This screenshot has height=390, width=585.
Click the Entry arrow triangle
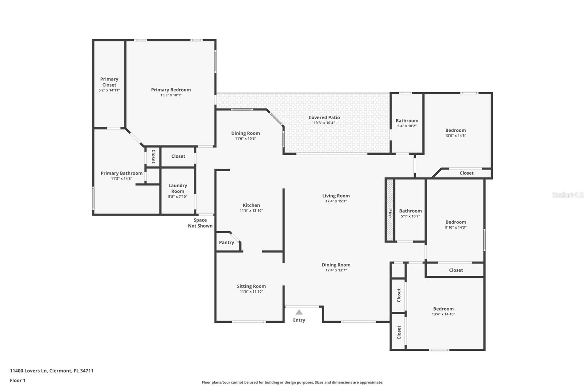[299, 312]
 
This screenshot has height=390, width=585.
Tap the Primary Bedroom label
[171, 90]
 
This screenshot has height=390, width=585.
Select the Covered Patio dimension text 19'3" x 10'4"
[324, 123]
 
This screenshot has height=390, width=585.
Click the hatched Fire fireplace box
[390, 210]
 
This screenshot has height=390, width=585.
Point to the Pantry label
[226, 243]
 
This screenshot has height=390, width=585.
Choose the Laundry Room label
[178, 188]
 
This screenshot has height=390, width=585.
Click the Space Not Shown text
[200, 223]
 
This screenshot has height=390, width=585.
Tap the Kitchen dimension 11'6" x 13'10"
[251, 211]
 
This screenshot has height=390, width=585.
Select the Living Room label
[336, 196]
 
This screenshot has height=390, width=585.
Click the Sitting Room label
[251, 286]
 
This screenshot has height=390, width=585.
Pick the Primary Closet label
[109, 82]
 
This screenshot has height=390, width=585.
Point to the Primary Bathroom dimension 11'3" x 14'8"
[121, 179]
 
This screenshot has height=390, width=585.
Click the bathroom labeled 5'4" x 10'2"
[407, 123]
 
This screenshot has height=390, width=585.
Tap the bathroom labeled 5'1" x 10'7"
[410, 213]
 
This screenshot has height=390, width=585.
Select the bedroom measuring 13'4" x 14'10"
[443, 311]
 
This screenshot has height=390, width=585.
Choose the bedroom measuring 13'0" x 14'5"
[455, 133]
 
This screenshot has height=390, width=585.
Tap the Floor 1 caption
[18, 380]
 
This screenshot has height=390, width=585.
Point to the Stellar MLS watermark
[567, 195]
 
